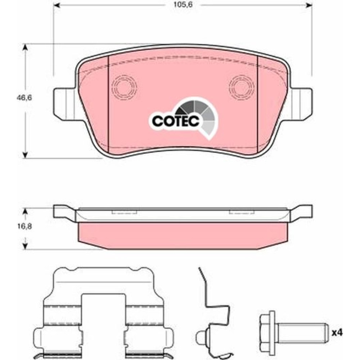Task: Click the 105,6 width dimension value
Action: pyautogui.click(x=183, y=5)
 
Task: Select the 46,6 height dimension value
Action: pyautogui.click(x=24, y=98)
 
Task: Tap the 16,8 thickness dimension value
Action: pyautogui.click(x=24, y=226)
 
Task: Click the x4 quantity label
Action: pyautogui.click(x=337, y=332)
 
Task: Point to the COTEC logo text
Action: pyautogui.click(x=176, y=121)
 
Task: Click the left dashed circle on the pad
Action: pyautogui.click(x=124, y=87)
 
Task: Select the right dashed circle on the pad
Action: pyautogui.click(x=242, y=87)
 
